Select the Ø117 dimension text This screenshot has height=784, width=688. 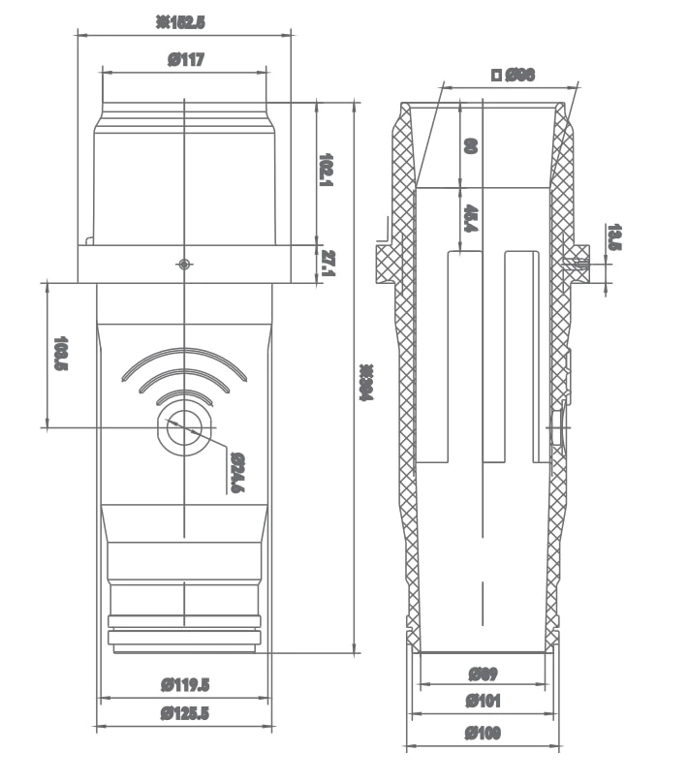[x=185, y=60]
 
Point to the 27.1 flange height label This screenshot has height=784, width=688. [x=328, y=263]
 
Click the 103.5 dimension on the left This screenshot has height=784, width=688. [x=61, y=354]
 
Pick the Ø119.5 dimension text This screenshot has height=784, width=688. [x=185, y=685]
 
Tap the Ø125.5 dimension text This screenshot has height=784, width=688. [x=185, y=714]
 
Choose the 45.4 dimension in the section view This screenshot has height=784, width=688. [x=469, y=219]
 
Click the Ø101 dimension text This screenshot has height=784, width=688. [x=483, y=701]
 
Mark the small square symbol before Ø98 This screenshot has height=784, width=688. [x=497, y=75]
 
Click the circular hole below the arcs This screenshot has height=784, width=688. [x=184, y=426]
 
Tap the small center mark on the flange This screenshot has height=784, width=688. [x=184, y=264]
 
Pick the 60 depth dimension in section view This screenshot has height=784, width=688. [x=470, y=146]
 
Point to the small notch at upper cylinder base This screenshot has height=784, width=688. [x=88, y=239]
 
